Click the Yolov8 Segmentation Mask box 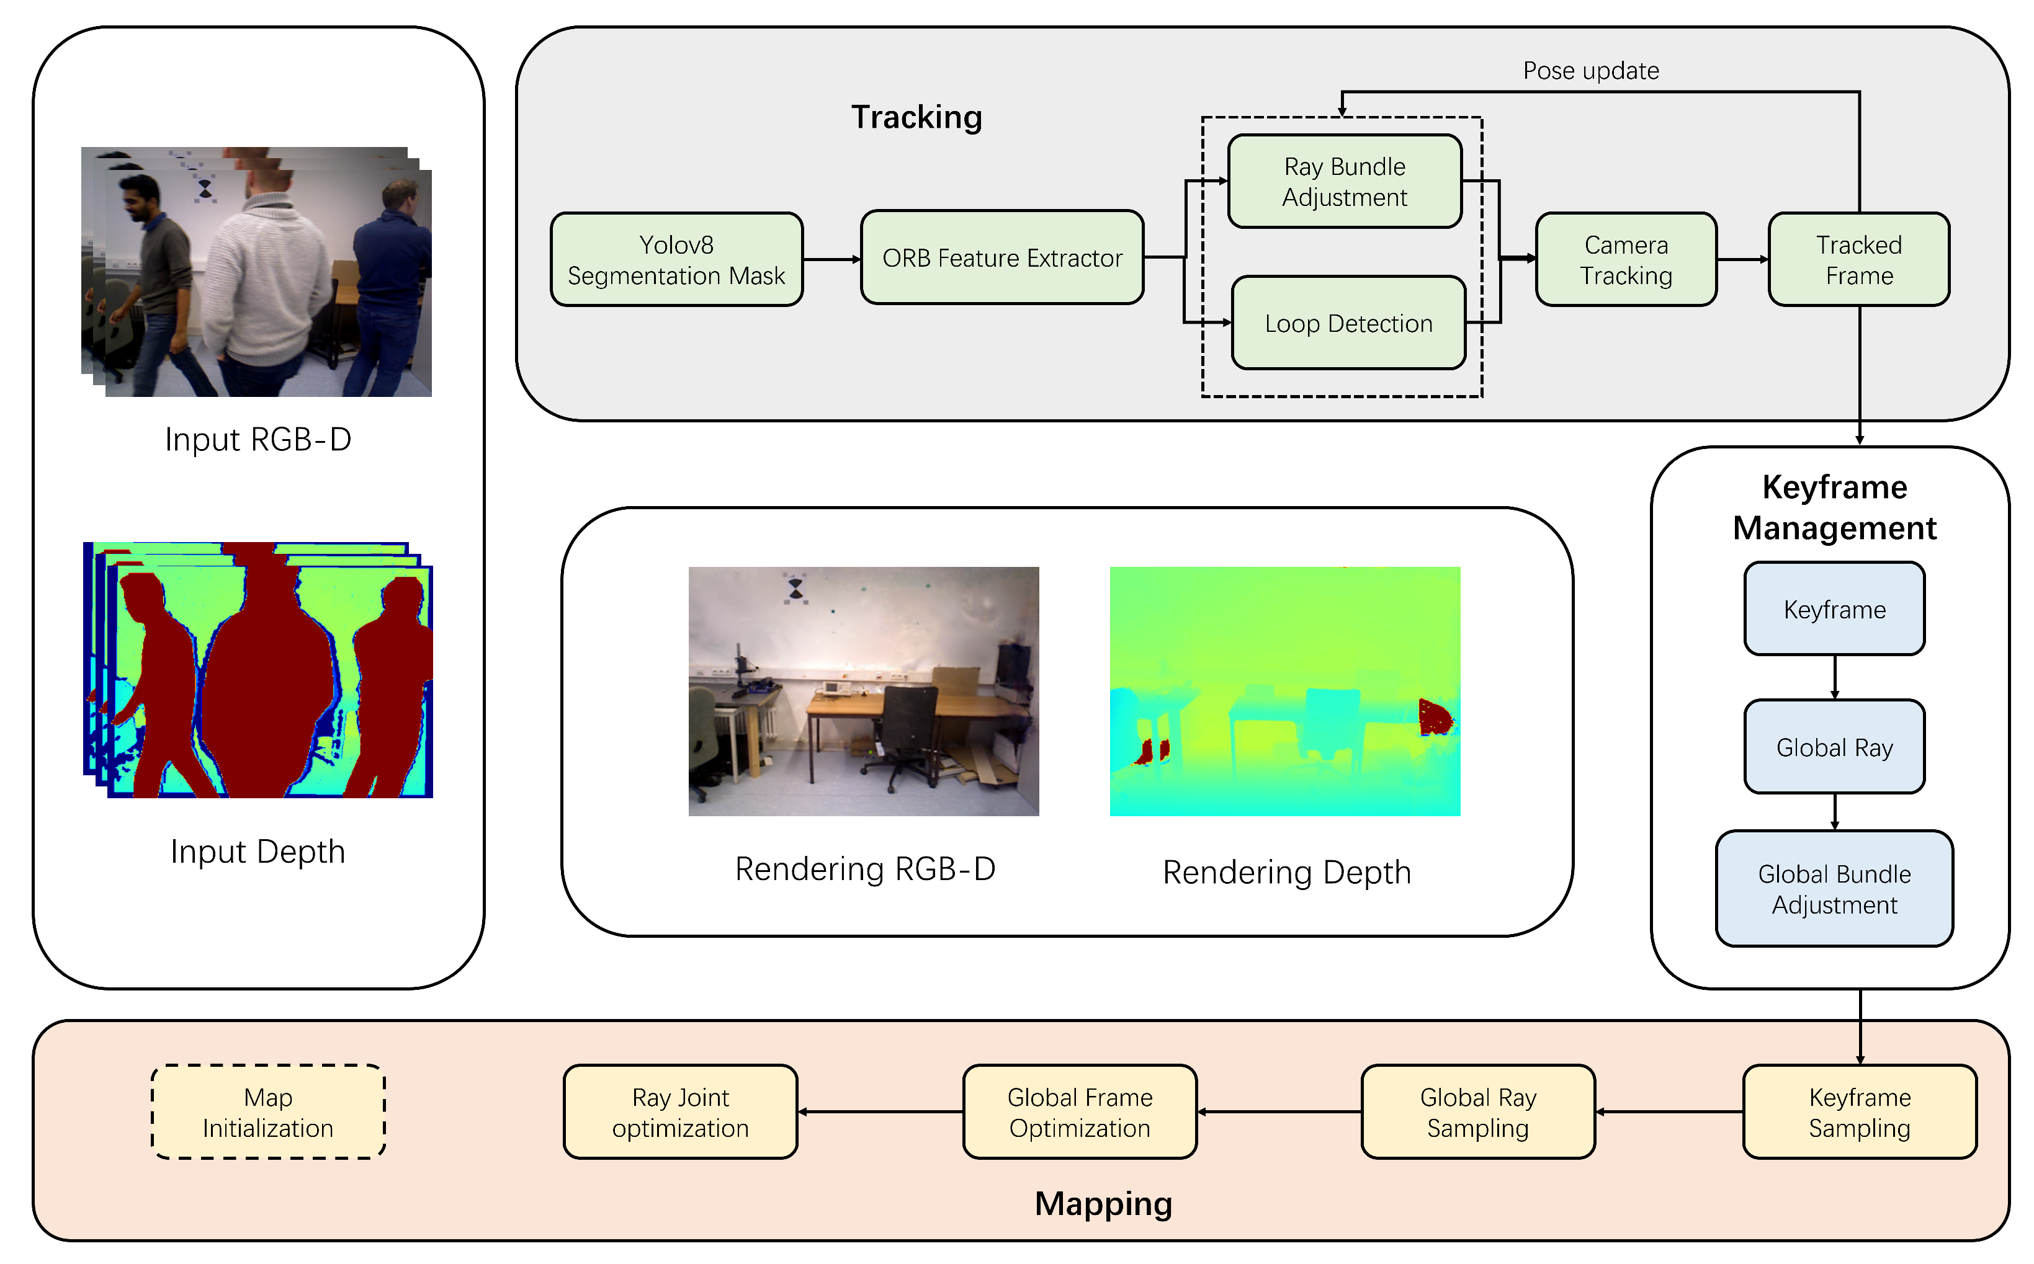(676, 259)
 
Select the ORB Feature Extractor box (1002, 257)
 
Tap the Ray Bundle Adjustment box (1345, 181)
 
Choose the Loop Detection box (1349, 323)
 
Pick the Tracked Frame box (1859, 259)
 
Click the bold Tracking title (916, 117)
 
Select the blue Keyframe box (1835, 608)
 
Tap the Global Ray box (1835, 747)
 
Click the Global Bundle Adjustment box (1835, 889)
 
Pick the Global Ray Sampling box (1479, 1112)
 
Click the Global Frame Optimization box (1080, 1112)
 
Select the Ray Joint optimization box (681, 1112)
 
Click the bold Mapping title (1103, 1204)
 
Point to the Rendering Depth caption (1286, 873)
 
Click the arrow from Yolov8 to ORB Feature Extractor (832, 259)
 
